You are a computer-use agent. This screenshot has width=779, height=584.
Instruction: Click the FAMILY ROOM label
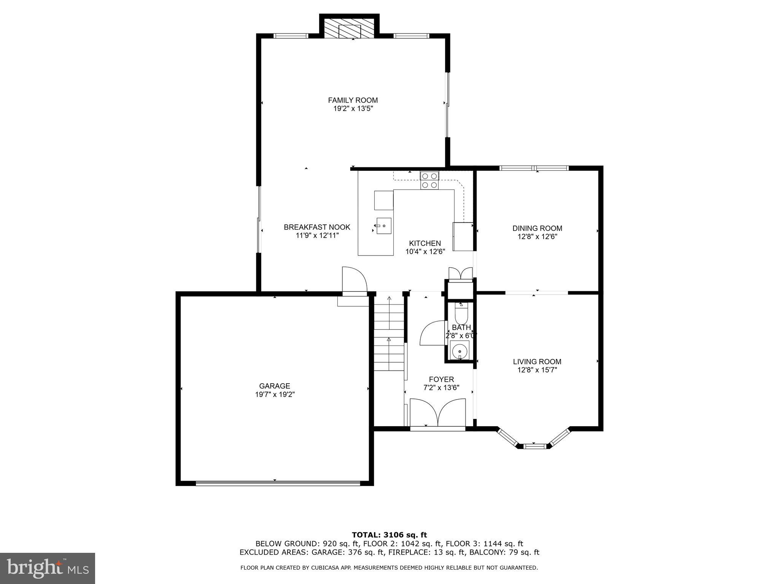click(353, 100)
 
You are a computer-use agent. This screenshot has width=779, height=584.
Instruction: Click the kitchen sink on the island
click(384, 226)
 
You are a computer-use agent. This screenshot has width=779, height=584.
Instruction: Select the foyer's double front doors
click(438, 413)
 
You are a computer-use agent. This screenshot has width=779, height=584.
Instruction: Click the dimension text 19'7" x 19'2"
click(275, 395)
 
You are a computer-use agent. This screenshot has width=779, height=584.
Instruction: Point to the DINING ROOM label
click(537, 228)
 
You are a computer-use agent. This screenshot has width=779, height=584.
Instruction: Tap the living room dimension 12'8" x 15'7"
click(537, 370)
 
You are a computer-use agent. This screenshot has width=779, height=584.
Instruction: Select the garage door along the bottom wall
click(277, 483)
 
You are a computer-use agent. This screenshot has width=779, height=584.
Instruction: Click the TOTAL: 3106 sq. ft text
click(389, 535)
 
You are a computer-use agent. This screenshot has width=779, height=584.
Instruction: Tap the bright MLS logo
click(48, 568)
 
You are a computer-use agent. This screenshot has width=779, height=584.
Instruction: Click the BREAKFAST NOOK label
click(317, 227)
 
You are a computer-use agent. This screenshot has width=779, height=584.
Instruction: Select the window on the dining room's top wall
click(534, 168)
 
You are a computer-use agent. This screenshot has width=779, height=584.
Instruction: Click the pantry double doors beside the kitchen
click(460, 274)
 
